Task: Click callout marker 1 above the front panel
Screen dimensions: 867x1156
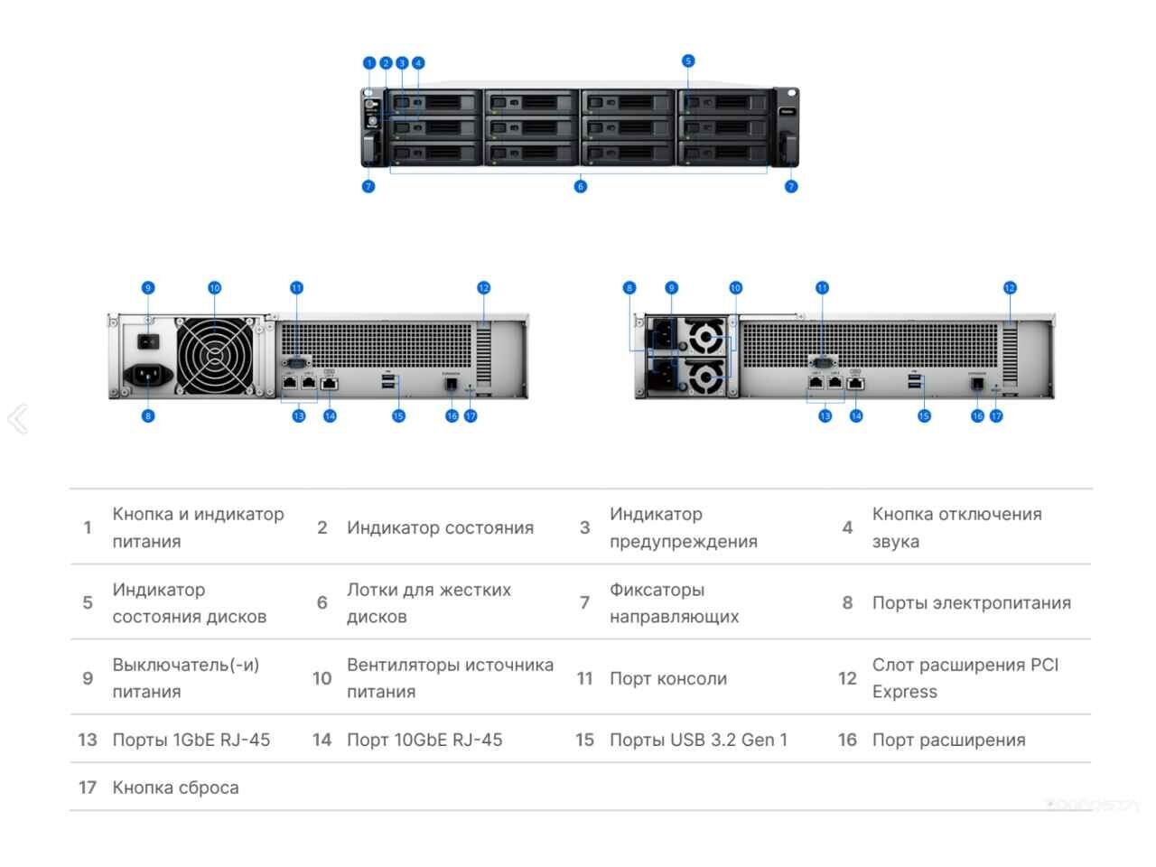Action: point(368,63)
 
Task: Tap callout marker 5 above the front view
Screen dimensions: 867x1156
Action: point(688,61)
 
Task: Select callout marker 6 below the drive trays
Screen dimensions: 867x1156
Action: point(581,187)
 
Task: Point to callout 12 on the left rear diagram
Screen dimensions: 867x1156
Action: point(484,288)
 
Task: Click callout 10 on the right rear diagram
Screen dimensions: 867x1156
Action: point(735,288)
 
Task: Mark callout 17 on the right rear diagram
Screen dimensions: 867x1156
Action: point(996,416)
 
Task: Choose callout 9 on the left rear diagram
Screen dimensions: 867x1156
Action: point(148,288)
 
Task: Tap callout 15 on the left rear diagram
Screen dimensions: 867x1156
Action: point(398,416)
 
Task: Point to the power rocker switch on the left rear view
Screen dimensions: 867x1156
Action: point(148,342)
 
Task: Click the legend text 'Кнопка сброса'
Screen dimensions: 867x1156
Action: point(175,788)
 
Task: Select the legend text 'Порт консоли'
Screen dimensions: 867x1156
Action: point(667,679)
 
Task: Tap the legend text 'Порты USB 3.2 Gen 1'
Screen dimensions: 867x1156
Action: point(698,740)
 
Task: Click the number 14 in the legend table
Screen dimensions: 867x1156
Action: point(322,740)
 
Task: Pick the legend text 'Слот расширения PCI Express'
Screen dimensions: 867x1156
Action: point(965,678)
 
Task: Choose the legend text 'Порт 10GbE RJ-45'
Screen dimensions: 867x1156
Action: point(424,740)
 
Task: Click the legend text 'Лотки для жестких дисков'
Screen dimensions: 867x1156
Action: point(429,603)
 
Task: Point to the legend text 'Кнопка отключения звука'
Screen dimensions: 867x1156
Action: point(956,527)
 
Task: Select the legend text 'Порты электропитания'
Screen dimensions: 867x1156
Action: point(971,603)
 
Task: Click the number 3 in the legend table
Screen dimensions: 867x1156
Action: point(584,527)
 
